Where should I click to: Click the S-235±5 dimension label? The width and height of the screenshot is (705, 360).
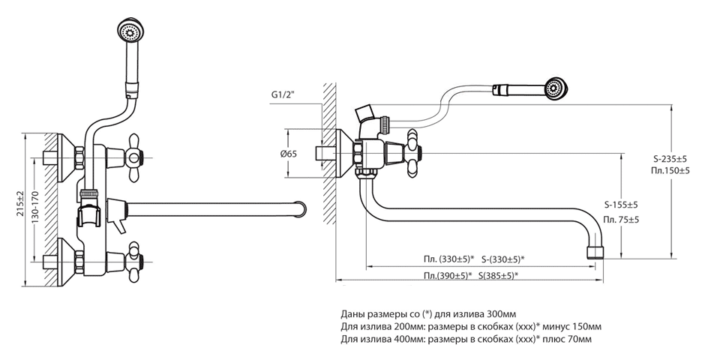click(x=669, y=159)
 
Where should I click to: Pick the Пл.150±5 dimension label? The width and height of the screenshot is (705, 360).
click(x=669, y=171)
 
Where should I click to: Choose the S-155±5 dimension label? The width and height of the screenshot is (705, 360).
click(x=622, y=205)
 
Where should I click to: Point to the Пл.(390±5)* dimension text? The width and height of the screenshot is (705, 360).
click(x=448, y=276)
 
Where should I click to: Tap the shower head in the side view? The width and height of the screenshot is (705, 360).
click(x=555, y=88)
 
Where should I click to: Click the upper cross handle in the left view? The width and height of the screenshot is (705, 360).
click(x=136, y=155)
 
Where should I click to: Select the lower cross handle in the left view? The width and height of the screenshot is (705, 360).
click(x=136, y=259)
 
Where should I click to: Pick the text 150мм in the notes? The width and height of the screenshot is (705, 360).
click(x=583, y=326)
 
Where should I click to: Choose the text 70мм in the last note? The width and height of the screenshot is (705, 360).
click(x=577, y=340)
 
